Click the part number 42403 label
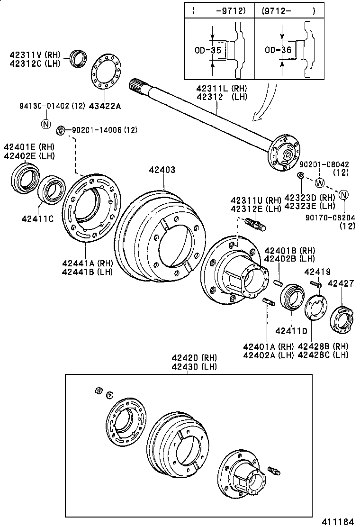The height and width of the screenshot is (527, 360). (x=162, y=170)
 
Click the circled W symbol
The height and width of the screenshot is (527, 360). (x=321, y=183)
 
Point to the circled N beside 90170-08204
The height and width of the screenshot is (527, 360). (x=344, y=194)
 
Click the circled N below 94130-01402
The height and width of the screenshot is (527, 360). (x=46, y=124)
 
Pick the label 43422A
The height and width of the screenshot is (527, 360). (x=105, y=106)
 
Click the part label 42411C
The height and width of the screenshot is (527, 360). (x=37, y=218)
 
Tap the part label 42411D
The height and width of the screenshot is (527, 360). (x=292, y=330)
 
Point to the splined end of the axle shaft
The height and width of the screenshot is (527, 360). (x=136, y=86)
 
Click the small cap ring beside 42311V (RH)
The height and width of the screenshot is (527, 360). (x=78, y=58)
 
